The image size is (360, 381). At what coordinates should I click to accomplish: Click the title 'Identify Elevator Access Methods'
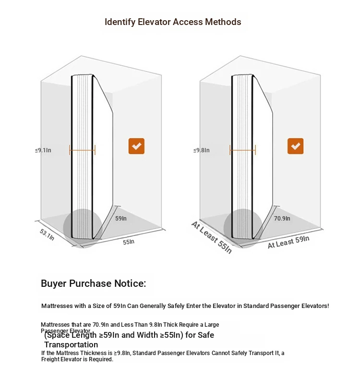[x=173, y=22]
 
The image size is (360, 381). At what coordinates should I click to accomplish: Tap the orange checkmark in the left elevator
[x=136, y=146]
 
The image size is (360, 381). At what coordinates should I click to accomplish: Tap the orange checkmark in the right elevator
[x=295, y=146]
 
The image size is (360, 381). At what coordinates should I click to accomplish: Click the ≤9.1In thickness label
[x=43, y=150]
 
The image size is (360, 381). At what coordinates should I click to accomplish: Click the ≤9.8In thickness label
[x=202, y=150]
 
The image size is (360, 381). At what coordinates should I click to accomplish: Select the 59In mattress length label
[x=121, y=218]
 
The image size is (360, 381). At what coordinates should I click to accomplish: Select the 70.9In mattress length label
[x=282, y=218]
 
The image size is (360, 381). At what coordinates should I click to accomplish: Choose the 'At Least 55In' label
[x=211, y=237]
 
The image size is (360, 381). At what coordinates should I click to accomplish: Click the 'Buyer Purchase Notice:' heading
[x=93, y=283]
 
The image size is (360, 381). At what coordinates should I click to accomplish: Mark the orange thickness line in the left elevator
[x=83, y=150]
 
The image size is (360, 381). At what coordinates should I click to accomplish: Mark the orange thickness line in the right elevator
[x=242, y=150]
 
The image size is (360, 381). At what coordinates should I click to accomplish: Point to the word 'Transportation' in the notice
[x=71, y=344]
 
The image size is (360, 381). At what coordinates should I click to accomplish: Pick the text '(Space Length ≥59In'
[x=79, y=335]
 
